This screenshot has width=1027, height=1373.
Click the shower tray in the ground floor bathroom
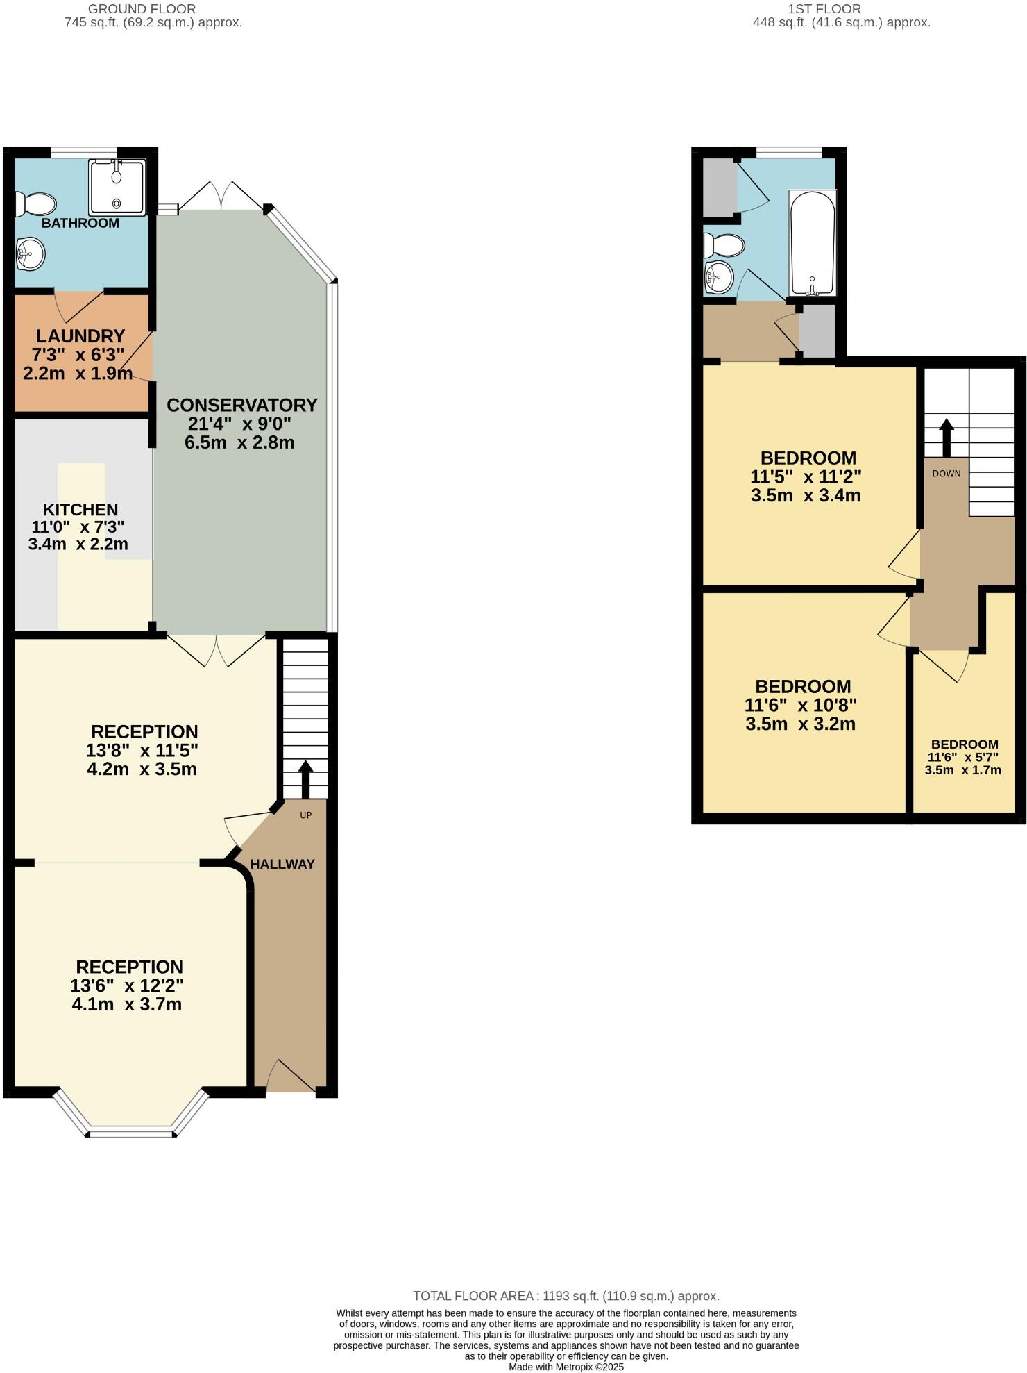117,187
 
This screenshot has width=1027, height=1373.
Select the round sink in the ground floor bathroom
31,253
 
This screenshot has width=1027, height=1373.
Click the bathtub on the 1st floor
812,242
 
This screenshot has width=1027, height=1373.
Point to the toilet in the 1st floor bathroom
724,245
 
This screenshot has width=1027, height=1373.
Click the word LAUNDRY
80,336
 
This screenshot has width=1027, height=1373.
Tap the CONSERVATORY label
241,405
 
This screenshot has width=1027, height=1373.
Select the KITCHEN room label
80,509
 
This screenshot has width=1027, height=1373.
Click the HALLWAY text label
282,864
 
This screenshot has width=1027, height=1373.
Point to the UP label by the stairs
306,815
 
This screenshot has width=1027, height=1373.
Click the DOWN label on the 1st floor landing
947,474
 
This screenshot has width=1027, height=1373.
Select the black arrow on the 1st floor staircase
947,437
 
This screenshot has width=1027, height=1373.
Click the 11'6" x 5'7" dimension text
963,757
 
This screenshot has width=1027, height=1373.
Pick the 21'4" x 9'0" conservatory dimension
239,424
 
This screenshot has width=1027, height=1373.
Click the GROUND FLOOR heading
142,9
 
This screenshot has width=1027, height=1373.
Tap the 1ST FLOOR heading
824,9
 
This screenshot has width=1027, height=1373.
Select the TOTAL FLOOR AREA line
566,1295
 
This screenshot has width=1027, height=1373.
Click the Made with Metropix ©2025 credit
566,1367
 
